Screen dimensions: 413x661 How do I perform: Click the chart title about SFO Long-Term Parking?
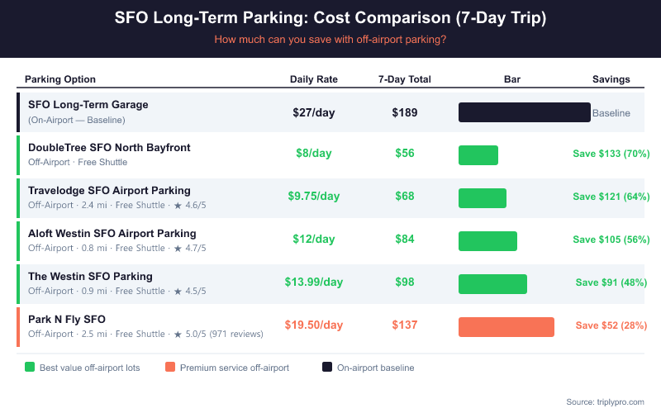tap(330, 18)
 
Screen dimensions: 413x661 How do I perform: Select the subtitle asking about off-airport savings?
tap(330, 39)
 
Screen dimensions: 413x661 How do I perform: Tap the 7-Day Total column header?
tap(404, 79)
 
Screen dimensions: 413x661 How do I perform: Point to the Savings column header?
tap(611, 79)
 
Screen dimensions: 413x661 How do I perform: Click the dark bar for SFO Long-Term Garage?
tap(524, 112)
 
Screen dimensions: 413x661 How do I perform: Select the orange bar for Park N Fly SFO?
tap(506, 327)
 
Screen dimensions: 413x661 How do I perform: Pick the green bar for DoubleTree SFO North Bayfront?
tap(478, 155)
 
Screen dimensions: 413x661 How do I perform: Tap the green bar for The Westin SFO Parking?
tap(492, 284)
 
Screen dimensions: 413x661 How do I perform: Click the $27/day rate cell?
tap(313, 112)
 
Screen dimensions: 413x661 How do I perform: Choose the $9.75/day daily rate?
tap(313, 197)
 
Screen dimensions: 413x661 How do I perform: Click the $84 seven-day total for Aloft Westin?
tap(404, 240)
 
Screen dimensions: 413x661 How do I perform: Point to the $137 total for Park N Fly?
tap(404, 325)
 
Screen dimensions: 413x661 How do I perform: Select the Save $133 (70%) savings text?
tap(611, 154)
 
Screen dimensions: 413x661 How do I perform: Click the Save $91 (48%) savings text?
tap(611, 282)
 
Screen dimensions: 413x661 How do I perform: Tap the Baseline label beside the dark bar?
tap(611, 113)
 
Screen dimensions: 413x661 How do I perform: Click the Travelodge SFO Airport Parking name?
tap(109, 190)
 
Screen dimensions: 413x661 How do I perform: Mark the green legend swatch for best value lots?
tap(30, 368)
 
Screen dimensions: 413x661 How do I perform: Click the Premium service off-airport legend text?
tap(234, 368)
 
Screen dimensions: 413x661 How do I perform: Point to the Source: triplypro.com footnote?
tap(605, 401)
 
